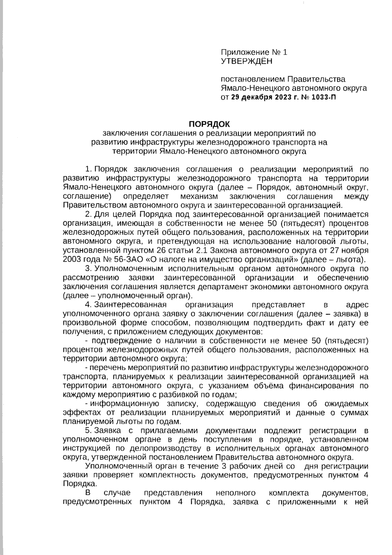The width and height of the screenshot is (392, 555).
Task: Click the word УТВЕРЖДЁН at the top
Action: point(246,61)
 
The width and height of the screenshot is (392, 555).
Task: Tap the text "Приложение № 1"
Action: point(254,52)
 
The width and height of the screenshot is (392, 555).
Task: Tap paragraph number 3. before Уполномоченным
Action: point(88,269)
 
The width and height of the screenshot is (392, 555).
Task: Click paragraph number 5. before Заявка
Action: point(88,430)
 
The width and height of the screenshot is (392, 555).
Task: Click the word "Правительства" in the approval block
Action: point(316,79)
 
